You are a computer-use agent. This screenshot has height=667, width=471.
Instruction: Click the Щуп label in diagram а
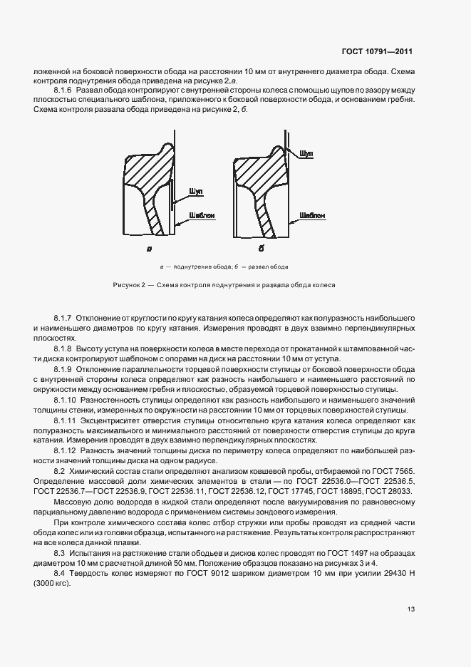196,192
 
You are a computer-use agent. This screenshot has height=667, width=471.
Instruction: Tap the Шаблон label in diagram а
201,214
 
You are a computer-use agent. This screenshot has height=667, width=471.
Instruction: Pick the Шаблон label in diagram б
312,214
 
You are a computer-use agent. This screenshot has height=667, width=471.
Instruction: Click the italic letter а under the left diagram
149,249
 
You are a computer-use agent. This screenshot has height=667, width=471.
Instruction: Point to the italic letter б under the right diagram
261,249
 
